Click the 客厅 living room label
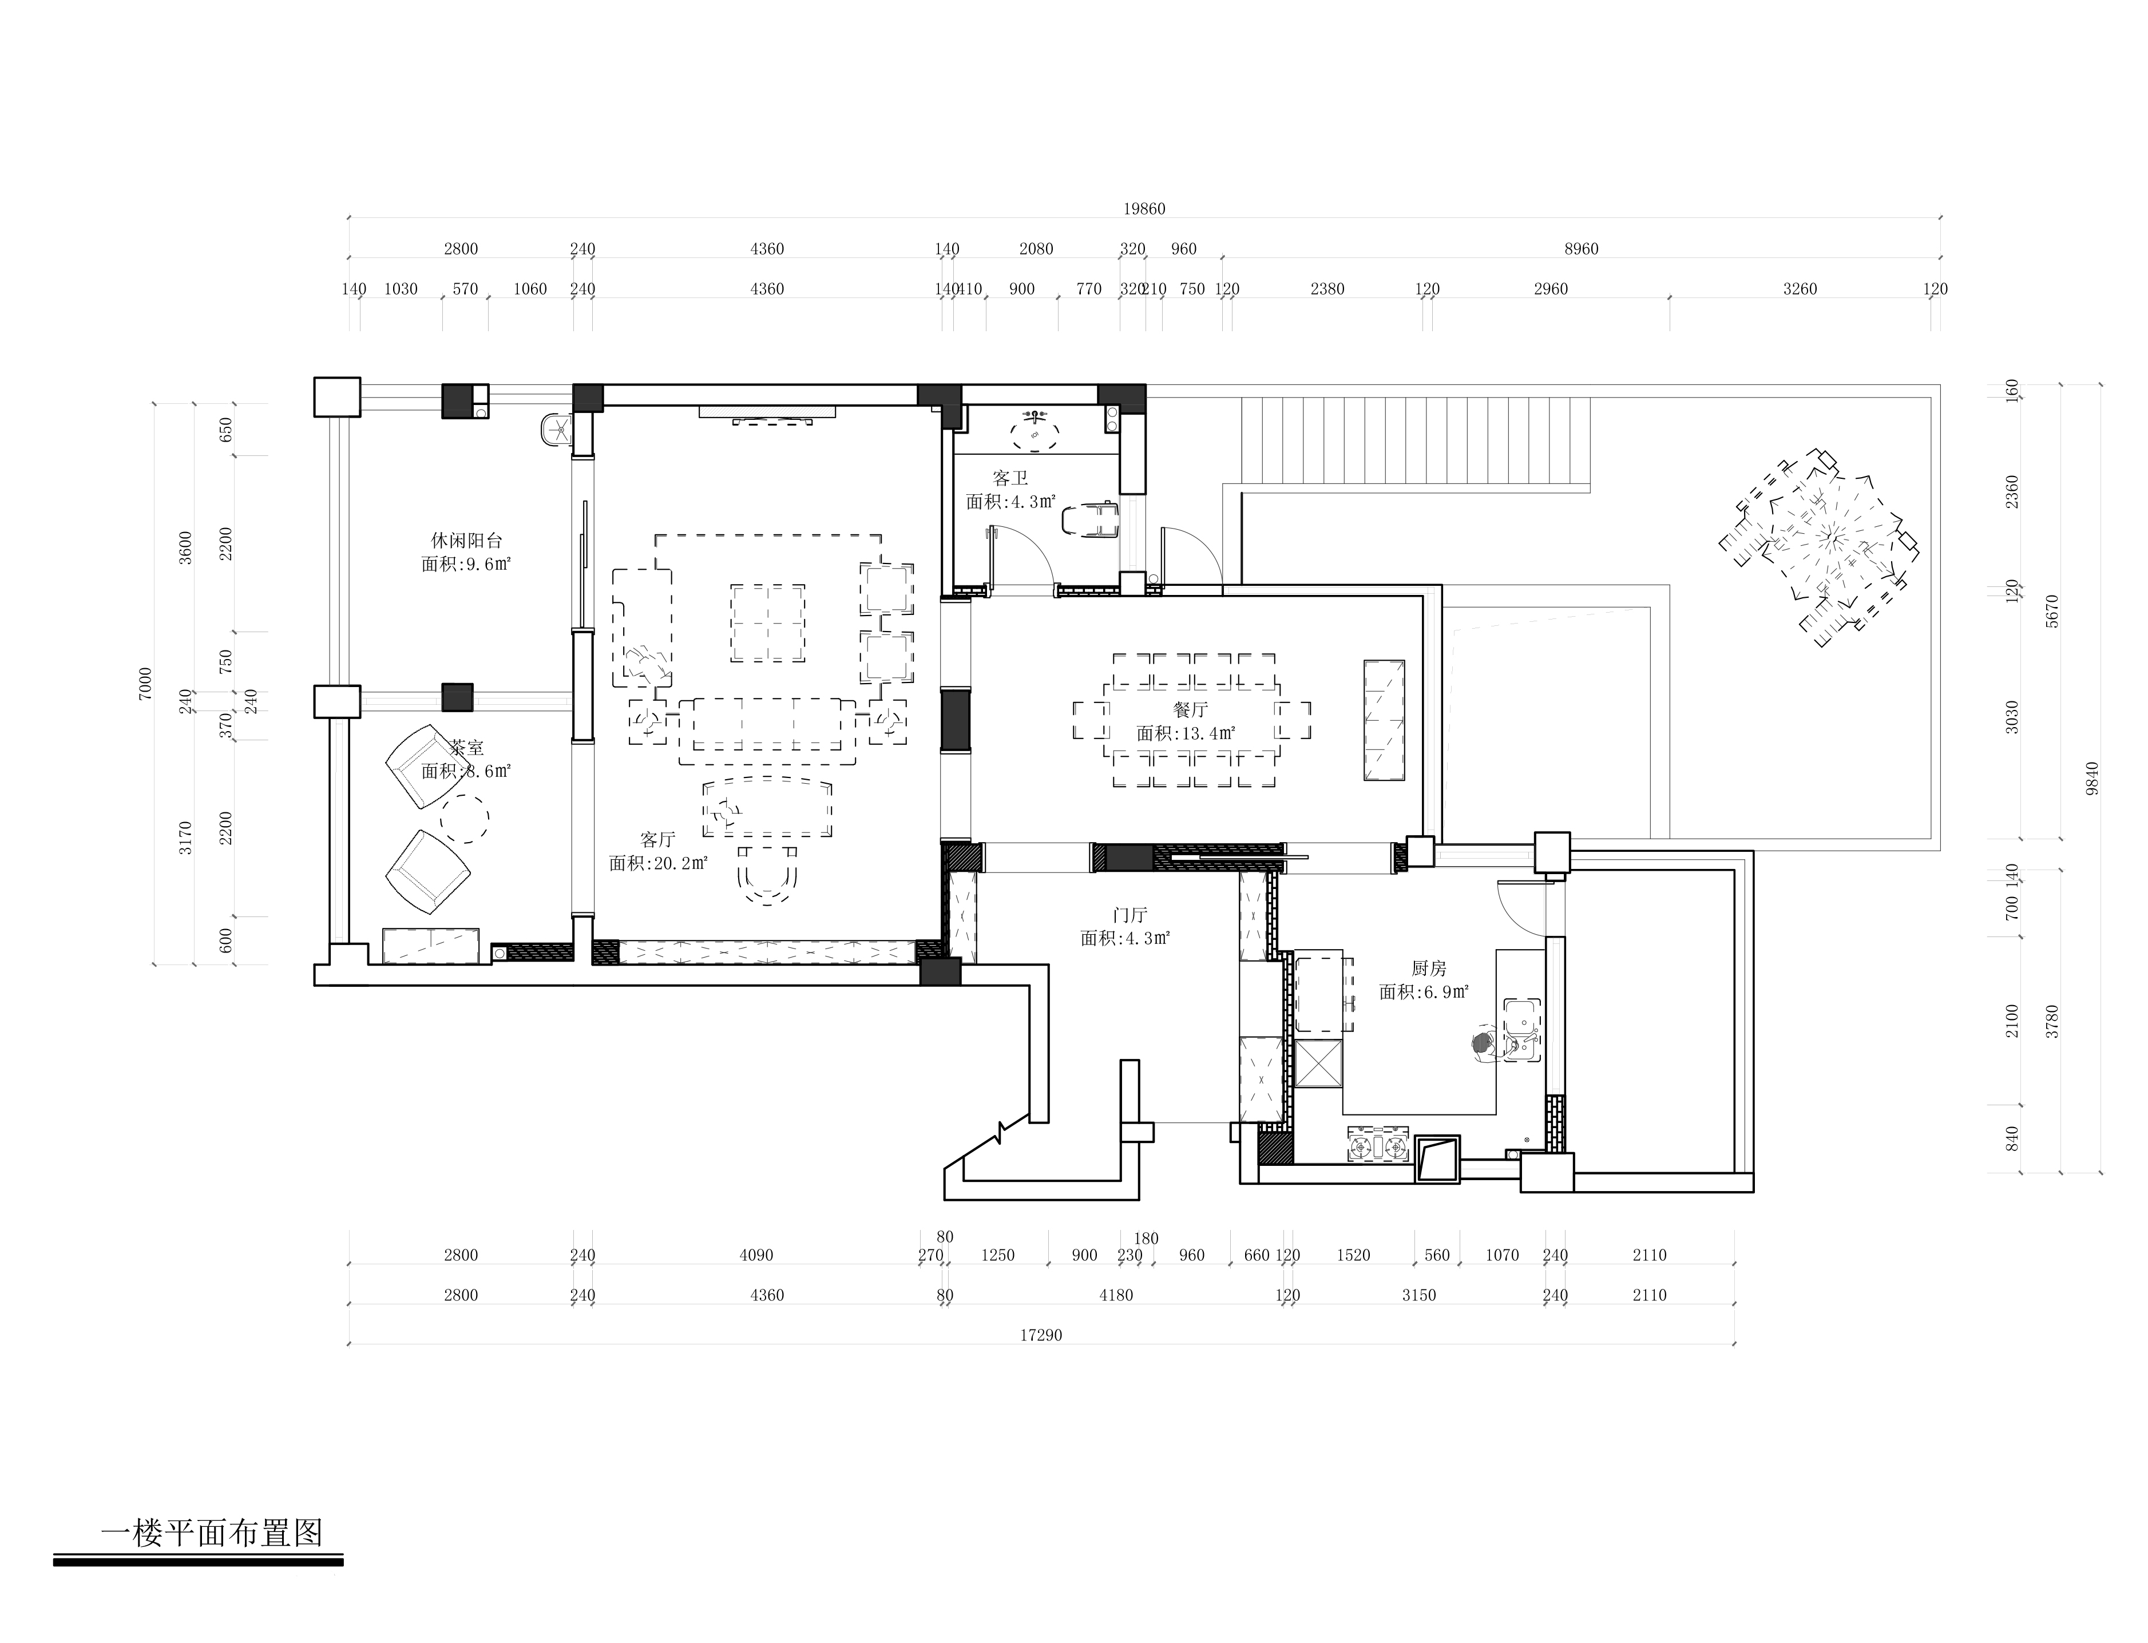tap(657, 839)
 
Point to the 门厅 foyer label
tap(1130, 914)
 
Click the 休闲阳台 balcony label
tap(466, 540)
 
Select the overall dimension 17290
tap(1041, 1335)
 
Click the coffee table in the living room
tap(768, 623)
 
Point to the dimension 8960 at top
tap(1581, 248)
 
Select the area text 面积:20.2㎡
tap(657, 863)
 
